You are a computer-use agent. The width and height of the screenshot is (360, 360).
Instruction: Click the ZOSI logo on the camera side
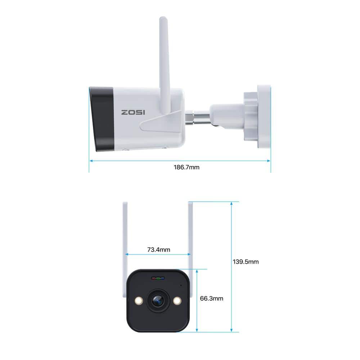[133, 112]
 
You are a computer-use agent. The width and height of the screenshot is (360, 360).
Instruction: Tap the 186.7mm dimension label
[186, 167]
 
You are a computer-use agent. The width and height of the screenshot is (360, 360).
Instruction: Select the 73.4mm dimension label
[159, 249]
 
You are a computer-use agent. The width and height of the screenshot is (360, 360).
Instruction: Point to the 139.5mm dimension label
[246, 262]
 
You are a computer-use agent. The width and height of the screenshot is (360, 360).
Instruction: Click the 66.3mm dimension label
[211, 298]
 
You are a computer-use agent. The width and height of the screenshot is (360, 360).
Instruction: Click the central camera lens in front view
[158, 301]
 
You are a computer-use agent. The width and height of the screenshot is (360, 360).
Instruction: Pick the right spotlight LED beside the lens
[177, 301]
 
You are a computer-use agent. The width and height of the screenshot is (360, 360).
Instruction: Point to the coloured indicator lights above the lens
[158, 279]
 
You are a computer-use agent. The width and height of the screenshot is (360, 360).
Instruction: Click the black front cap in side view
[102, 119]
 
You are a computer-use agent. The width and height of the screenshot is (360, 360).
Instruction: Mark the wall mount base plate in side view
[264, 116]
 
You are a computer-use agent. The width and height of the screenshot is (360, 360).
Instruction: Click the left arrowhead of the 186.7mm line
[91, 161]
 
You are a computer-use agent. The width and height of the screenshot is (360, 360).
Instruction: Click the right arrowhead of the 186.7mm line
[269, 161]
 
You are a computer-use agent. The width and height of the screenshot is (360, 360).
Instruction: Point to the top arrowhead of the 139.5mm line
[231, 204]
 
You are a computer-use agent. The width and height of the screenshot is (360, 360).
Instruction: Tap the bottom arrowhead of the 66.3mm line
[197, 330]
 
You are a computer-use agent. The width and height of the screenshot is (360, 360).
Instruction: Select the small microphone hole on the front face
[181, 285]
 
